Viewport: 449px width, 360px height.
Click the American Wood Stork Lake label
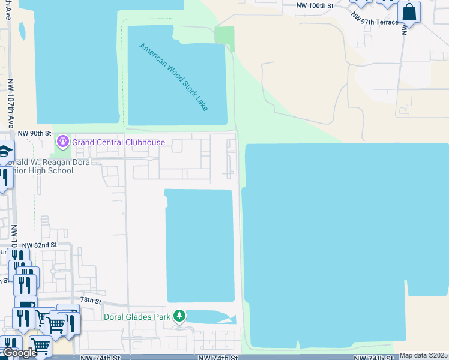(x=174, y=77)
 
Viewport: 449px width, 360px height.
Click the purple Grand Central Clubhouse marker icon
(x=62, y=142)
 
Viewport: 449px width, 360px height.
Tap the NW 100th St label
(x=315, y=5)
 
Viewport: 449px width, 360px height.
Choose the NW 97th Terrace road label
(x=375, y=21)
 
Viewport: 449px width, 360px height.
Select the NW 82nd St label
(x=39, y=245)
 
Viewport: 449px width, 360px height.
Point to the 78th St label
(x=91, y=299)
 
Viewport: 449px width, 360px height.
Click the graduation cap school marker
(x=5, y=152)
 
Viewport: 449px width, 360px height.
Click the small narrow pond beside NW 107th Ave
(x=22, y=31)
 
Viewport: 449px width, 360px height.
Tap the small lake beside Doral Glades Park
(x=207, y=316)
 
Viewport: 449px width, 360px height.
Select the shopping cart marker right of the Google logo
(x=40, y=346)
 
